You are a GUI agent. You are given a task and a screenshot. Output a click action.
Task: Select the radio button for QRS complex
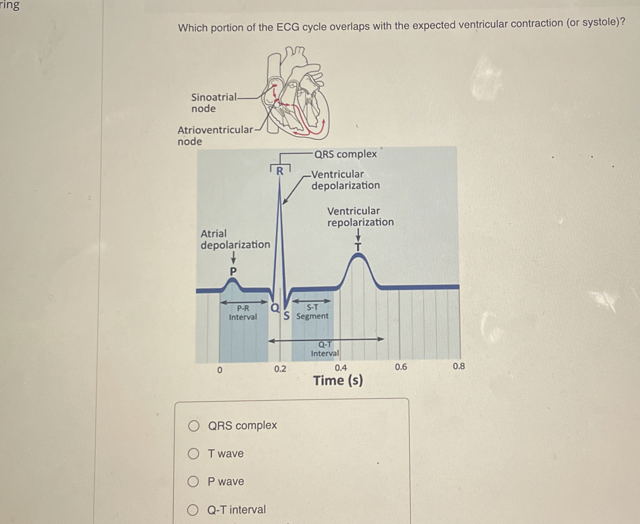[x=194, y=426]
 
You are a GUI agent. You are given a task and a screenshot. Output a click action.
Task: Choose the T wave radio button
[x=193, y=453]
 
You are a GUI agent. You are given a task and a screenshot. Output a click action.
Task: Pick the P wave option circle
[x=193, y=481]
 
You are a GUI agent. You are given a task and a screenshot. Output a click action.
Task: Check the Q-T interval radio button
[x=193, y=510]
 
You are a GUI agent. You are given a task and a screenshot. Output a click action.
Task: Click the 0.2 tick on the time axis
[x=280, y=369]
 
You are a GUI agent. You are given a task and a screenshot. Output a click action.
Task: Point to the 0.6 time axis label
[x=401, y=367]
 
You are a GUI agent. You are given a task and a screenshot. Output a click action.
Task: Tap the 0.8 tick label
[x=459, y=366]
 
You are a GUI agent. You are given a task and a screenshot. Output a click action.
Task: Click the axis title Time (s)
[x=338, y=380]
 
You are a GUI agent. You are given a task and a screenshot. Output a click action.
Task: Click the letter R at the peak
[x=280, y=171]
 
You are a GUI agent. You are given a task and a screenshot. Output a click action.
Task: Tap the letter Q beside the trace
[x=275, y=307]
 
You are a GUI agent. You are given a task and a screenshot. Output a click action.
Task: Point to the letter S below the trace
[x=286, y=315]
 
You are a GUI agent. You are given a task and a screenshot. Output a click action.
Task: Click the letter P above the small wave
[x=233, y=271]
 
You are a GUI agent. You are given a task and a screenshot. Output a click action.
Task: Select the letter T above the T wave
[x=358, y=247]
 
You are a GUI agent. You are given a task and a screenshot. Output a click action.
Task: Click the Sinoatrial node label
[x=214, y=103]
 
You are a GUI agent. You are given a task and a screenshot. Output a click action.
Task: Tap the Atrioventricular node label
[x=215, y=135]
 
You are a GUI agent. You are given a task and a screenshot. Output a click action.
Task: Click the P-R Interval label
[x=243, y=313]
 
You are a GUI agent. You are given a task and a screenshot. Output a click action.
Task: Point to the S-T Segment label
[x=312, y=312]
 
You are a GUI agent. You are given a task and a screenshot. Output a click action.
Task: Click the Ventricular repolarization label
[x=360, y=217]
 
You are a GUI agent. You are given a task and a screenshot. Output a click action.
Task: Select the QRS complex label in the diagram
[x=345, y=154]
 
